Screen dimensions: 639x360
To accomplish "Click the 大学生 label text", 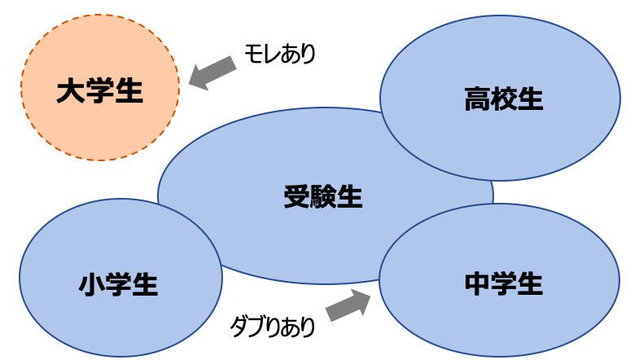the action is (100, 90).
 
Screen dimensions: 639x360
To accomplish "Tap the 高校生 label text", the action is (504, 99).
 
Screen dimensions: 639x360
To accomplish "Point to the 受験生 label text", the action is (323, 197).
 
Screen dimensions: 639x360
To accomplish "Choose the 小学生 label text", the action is (118, 283).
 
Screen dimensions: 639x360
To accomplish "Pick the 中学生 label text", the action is (504, 283).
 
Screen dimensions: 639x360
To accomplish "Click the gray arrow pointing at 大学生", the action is (212, 73).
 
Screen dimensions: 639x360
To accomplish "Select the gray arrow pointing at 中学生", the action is (348, 305).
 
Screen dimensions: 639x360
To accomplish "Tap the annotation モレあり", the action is (280, 54).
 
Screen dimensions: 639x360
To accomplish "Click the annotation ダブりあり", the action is (273, 326).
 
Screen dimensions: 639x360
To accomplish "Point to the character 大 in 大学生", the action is (70, 90).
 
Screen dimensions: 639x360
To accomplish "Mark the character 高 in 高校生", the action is (477, 99).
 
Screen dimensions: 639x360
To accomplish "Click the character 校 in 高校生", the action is (504, 99).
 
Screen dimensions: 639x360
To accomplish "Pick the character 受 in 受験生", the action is (297, 197).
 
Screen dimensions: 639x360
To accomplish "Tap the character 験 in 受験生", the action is (324, 197).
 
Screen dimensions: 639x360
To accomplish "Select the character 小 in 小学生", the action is (92, 284).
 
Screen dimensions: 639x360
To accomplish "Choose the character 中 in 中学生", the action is (477, 283).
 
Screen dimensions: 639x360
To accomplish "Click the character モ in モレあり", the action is (253, 54).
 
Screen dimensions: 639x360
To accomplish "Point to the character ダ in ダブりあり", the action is (239, 326).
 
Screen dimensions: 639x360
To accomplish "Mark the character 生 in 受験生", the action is (350, 197).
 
